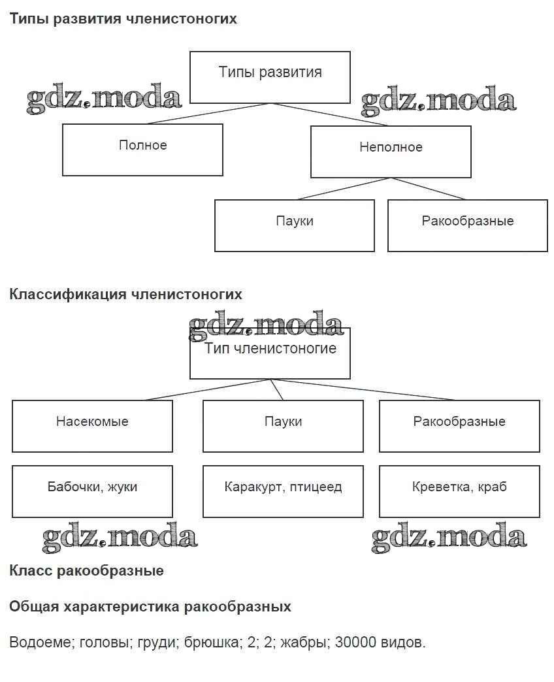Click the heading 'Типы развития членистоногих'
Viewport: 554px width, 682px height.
(x=123, y=19)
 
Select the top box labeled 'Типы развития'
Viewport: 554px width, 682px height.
(x=270, y=77)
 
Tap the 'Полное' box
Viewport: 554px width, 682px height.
(x=142, y=150)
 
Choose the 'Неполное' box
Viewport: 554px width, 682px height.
(x=391, y=152)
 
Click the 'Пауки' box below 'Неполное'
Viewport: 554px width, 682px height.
(x=295, y=225)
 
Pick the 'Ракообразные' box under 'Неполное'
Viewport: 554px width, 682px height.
(x=468, y=225)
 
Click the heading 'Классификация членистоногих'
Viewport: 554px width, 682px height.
(x=125, y=294)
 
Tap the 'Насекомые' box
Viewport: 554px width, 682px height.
(x=92, y=426)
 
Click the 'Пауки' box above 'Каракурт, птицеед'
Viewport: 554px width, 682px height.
(x=283, y=426)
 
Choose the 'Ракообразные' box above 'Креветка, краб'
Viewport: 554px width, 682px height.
(x=459, y=426)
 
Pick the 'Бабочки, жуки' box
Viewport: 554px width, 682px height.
(x=92, y=491)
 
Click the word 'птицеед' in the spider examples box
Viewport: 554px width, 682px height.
(x=318, y=487)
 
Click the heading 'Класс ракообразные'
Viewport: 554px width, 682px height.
(x=86, y=571)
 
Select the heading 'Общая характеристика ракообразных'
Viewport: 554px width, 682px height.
(x=150, y=607)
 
